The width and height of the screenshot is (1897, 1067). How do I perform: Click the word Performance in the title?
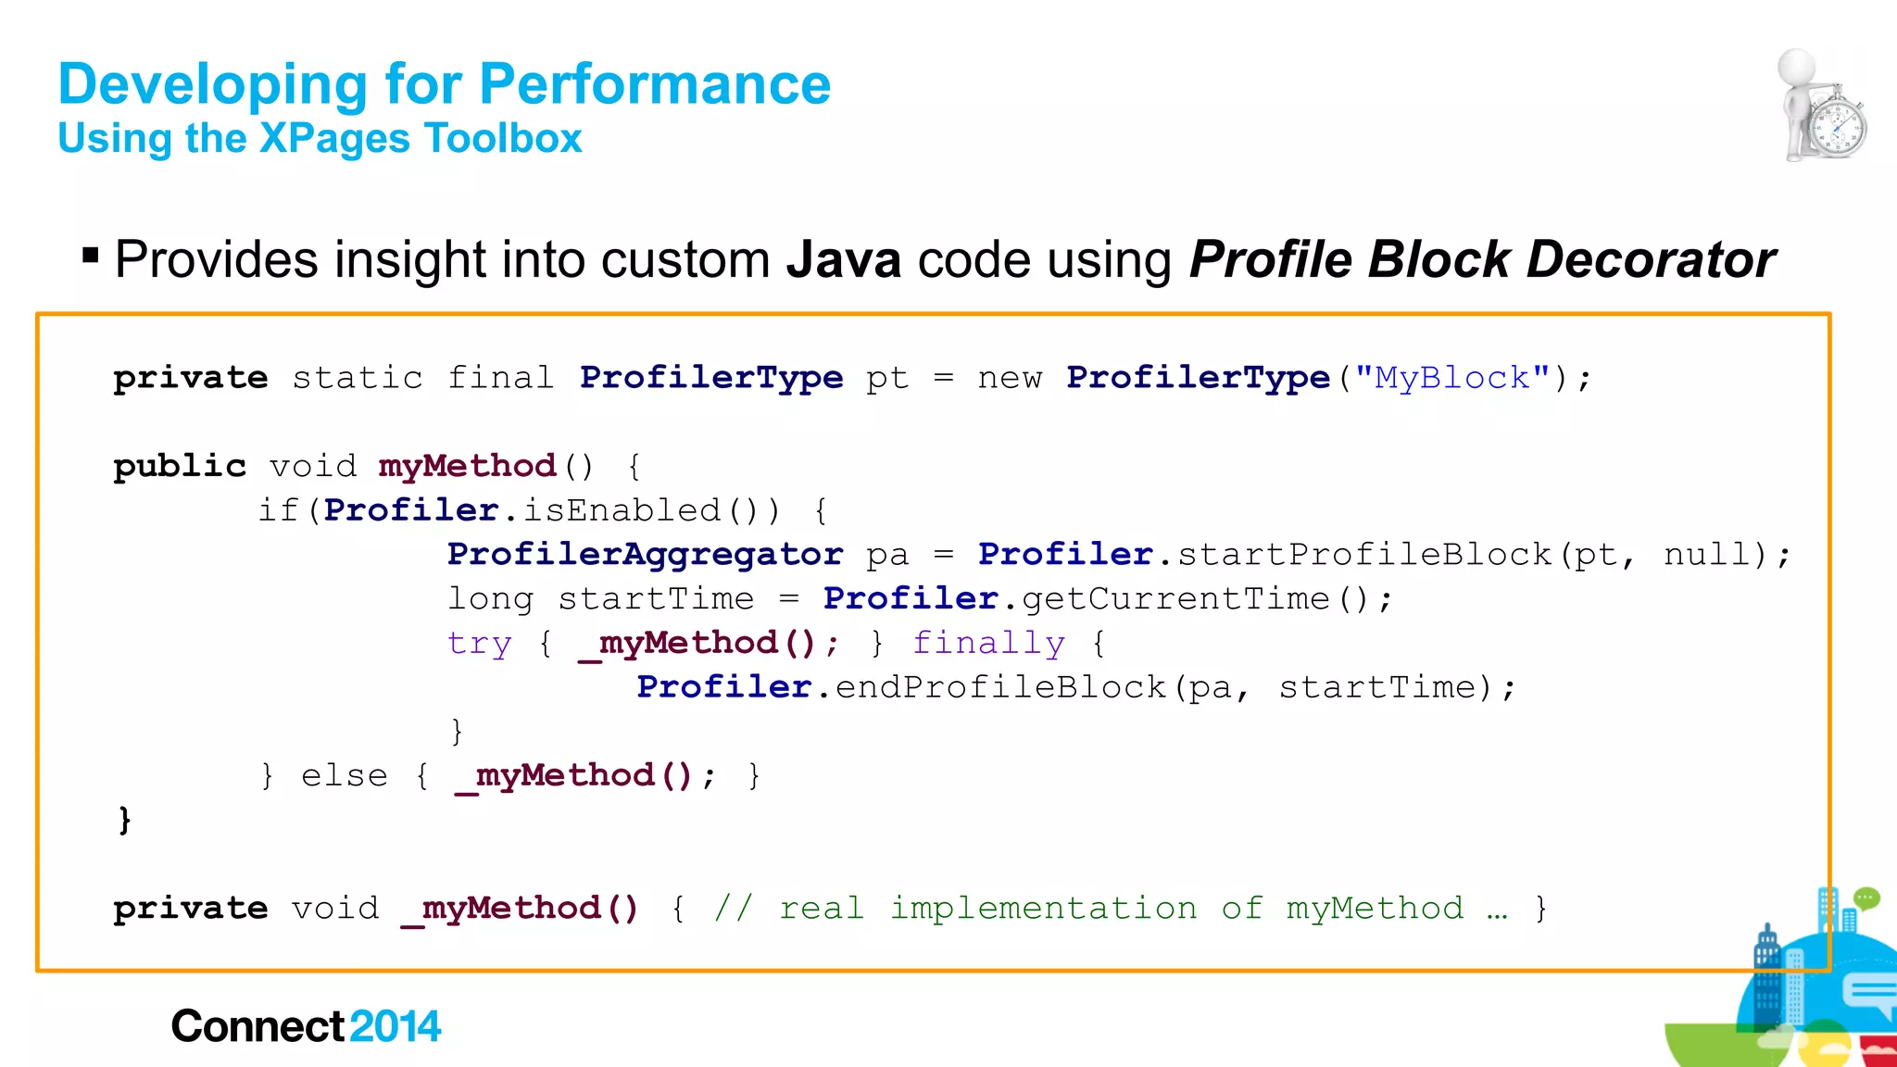(655, 84)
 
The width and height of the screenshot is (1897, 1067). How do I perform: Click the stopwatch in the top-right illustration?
(1839, 127)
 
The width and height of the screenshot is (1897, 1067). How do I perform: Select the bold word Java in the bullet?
(843, 259)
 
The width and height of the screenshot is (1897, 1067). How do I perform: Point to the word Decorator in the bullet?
(1651, 259)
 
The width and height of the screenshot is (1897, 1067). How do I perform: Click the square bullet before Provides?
(90, 255)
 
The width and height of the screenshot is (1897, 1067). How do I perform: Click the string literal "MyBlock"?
(1451, 378)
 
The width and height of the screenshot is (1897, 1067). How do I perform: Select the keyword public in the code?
(180, 466)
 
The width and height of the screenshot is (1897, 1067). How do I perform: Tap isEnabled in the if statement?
(622, 510)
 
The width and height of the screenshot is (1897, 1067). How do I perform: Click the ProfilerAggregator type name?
(645, 554)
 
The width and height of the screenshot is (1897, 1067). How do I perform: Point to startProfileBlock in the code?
(1363, 554)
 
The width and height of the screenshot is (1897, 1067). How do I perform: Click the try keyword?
(479, 643)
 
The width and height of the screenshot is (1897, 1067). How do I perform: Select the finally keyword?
(988, 643)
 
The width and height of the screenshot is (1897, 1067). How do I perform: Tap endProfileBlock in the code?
(1000, 687)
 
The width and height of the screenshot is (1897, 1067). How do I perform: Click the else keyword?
(344, 775)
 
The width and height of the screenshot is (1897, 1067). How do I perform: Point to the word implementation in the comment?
(1043, 908)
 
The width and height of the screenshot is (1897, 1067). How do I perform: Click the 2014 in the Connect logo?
(396, 1026)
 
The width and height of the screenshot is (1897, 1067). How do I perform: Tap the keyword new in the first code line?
(1010, 378)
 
